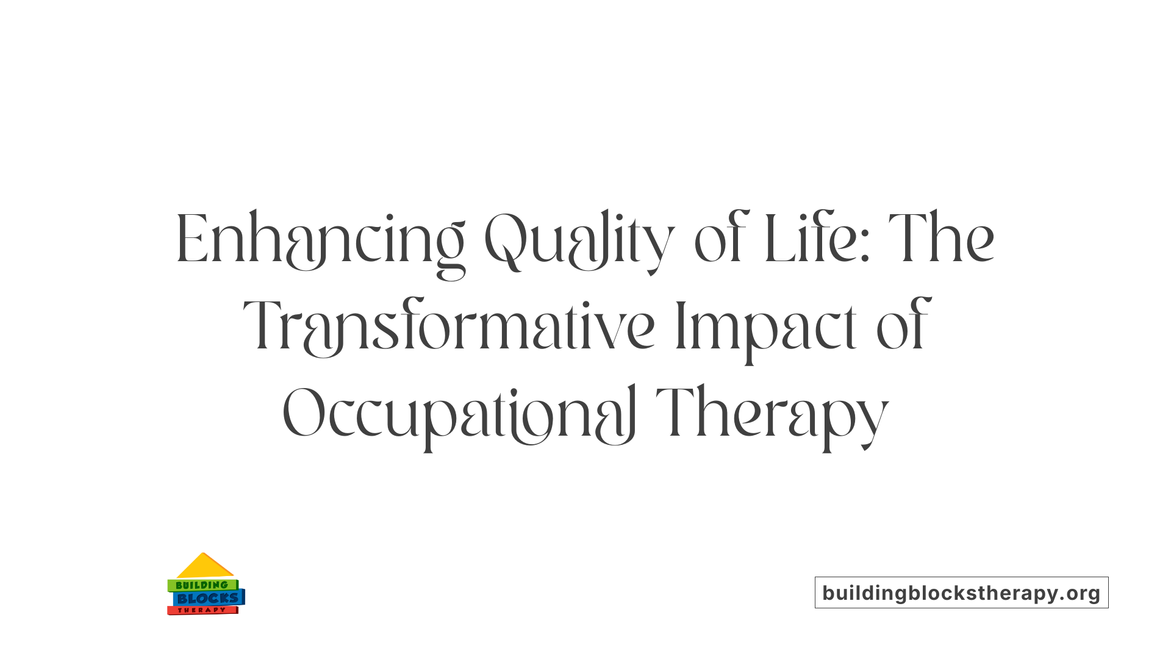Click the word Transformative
449,326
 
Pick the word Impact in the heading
766,326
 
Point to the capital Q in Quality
505,239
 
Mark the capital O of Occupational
303,414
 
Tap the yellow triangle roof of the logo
204,567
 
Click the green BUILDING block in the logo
202,585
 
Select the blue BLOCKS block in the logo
208,598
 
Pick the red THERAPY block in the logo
202,610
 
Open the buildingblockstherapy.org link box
961,592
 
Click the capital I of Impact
681,326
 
